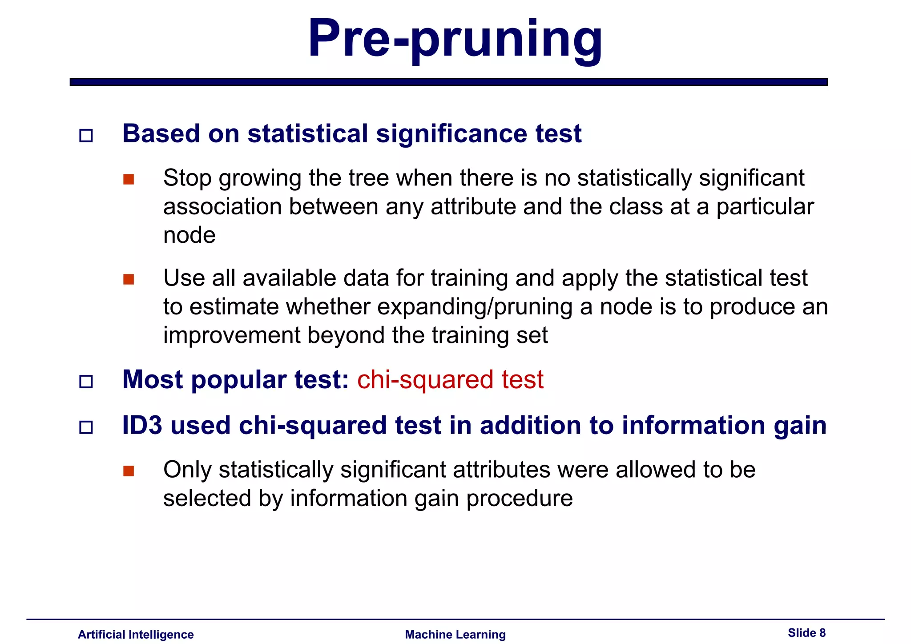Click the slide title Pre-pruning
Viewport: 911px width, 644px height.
click(x=455, y=39)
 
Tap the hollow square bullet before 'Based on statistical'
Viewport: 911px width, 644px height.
click(x=86, y=135)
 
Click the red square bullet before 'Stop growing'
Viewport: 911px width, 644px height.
click(x=129, y=179)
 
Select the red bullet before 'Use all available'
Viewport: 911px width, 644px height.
click(x=129, y=279)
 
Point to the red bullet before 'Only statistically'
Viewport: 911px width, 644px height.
click(x=129, y=471)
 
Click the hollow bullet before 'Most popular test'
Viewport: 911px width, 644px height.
click(x=86, y=382)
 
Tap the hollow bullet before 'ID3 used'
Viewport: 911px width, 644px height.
click(x=86, y=427)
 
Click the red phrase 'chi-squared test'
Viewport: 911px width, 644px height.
click(x=450, y=380)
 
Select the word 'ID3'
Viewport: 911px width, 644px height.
click(x=142, y=425)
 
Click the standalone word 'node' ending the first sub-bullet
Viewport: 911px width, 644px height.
click(x=189, y=235)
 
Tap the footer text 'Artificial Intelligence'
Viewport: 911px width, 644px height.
click(x=136, y=634)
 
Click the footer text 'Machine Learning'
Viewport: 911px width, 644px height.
click(x=455, y=634)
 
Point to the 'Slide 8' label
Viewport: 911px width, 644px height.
click(x=806, y=633)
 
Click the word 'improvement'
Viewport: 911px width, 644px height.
click(x=231, y=335)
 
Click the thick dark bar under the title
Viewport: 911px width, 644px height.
click(x=448, y=82)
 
